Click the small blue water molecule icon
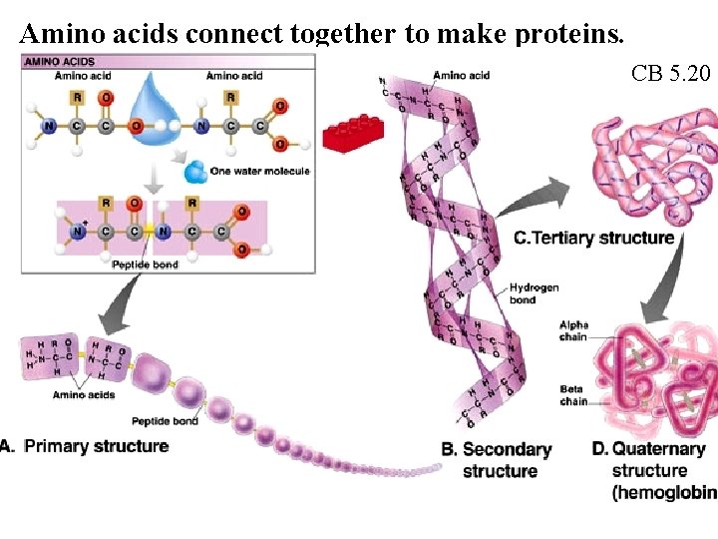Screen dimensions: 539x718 point(195,173)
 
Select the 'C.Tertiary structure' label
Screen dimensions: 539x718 point(593,238)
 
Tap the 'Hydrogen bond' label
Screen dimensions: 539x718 point(535,293)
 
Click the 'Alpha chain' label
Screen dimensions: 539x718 point(573,331)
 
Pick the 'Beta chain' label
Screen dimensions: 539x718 point(572,395)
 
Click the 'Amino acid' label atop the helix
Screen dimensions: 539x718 point(462,76)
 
